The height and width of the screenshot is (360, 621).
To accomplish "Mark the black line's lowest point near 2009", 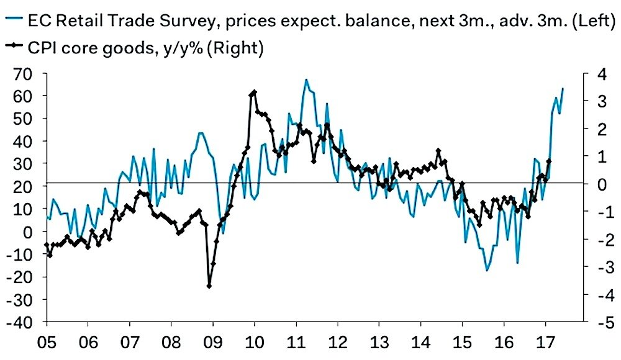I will pos(209,286).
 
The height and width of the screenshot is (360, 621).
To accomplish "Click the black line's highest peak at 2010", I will pos(254,92).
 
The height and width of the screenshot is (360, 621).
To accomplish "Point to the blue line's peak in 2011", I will pos(306,79).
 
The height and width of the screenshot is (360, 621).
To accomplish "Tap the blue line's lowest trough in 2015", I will pos(487,271).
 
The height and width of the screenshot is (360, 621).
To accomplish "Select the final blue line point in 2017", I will pos(563,88).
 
